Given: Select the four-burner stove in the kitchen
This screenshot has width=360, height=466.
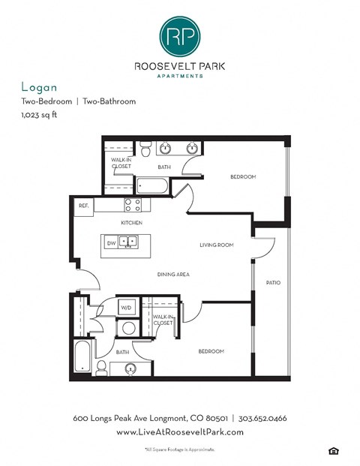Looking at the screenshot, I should click(x=132, y=205).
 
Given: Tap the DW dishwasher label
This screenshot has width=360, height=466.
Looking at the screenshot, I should click(x=111, y=242).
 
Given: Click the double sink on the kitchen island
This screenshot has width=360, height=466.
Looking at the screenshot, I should click(x=129, y=242).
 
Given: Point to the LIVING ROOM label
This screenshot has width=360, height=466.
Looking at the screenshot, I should click(x=217, y=245).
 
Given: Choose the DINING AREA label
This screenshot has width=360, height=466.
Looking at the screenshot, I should click(x=172, y=274).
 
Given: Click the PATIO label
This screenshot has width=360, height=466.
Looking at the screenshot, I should click(x=272, y=282).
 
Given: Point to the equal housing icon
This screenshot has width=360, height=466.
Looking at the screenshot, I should click(x=332, y=449).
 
